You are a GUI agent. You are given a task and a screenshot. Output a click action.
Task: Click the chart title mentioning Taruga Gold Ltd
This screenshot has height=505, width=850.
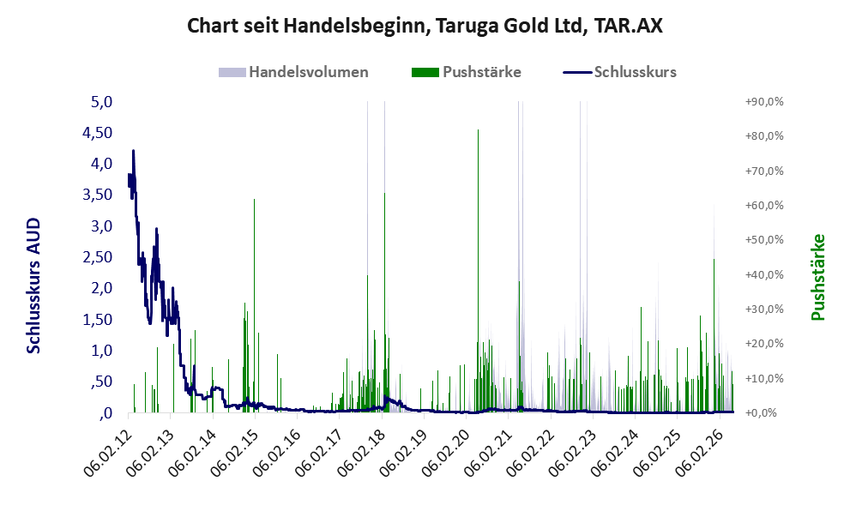425,26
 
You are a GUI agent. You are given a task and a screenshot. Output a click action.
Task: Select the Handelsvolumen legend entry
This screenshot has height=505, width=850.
293,72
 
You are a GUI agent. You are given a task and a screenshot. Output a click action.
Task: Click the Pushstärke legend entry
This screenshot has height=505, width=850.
467,72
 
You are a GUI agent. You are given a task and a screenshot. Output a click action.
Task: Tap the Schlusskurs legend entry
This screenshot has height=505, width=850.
619,72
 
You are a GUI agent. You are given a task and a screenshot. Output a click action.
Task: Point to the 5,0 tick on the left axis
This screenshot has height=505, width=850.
101,102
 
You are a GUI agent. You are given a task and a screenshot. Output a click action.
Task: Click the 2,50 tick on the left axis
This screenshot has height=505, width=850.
97,257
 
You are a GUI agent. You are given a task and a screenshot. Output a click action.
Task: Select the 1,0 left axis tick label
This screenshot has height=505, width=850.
101,350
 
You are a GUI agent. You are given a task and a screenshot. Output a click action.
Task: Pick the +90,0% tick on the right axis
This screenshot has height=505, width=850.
764,102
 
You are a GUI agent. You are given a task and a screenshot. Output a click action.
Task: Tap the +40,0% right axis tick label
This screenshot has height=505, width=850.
764,274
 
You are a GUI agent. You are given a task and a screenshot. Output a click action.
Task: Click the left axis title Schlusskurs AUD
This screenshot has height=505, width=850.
33,286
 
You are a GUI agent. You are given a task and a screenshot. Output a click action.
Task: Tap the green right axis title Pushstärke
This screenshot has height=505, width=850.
818,277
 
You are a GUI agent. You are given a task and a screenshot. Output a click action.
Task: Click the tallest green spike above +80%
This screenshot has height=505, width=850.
478,271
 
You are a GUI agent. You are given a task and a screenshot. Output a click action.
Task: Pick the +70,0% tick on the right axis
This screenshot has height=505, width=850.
764,171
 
